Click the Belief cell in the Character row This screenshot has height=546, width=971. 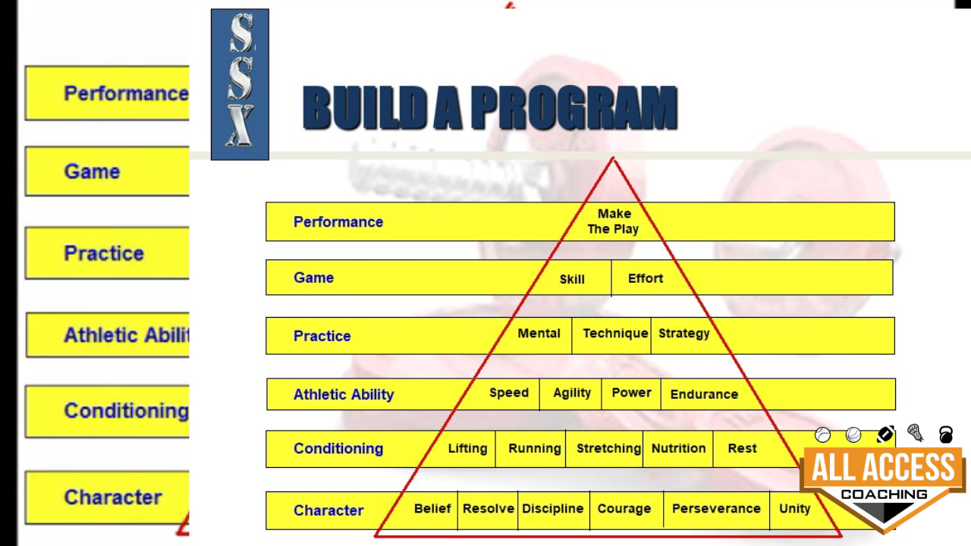coord(432,509)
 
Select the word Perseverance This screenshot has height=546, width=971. coord(716,509)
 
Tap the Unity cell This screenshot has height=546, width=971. coord(794,509)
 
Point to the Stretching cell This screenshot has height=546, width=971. coord(608,448)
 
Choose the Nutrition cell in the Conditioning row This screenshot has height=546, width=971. coord(678,448)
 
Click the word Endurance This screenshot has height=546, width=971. coord(704,394)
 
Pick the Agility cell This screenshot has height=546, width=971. coord(572,393)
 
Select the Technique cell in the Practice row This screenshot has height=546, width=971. coord(615,334)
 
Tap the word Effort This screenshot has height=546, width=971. coord(646,278)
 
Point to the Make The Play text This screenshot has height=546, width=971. coord(613,221)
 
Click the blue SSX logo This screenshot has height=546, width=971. coord(240,84)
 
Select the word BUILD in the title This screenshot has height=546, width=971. coord(364,108)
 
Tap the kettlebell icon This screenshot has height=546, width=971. coord(946,435)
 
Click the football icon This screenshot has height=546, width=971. coord(885,435)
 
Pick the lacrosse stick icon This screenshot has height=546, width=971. coord(915,432)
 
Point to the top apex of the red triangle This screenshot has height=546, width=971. coord(613,158)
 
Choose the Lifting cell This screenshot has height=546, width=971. coord(467,448)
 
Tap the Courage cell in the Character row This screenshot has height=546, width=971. coord(624,509)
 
